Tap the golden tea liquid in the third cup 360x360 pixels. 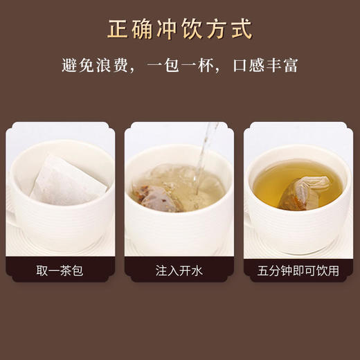coord(277,183)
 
